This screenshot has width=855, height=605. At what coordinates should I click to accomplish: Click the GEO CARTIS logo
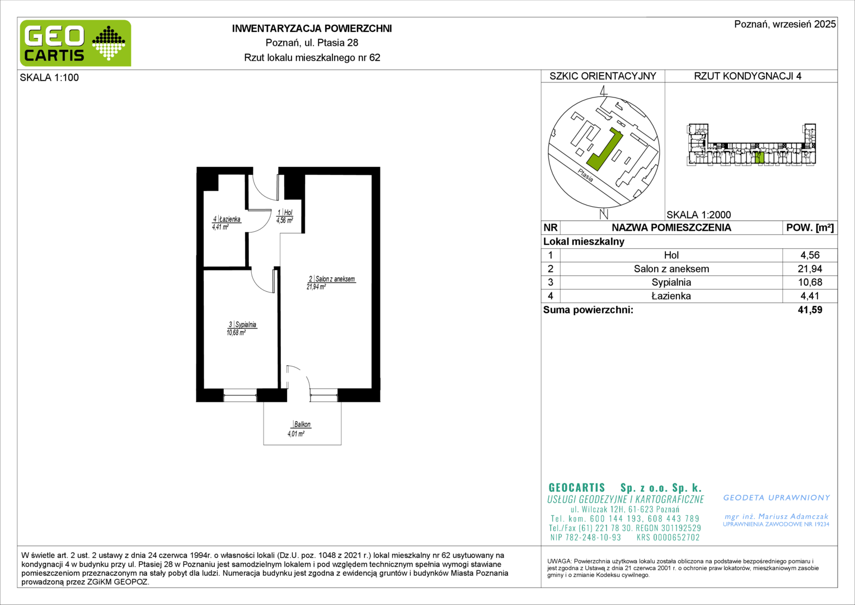click(76, 43)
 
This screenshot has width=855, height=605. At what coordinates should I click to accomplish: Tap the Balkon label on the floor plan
click(302, 424)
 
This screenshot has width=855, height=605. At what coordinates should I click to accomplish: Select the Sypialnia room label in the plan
click(246, 324)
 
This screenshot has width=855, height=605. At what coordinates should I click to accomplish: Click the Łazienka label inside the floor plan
click(230, 219)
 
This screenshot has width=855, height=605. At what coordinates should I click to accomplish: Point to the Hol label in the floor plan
click(288, 212)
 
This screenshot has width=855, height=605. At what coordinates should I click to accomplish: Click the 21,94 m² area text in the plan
click(316, 287)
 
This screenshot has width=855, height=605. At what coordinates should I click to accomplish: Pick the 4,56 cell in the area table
click(810, 255)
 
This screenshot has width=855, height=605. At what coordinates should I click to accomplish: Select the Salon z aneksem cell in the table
click(671, 269)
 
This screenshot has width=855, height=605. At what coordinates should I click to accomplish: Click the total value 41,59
click(810, 310)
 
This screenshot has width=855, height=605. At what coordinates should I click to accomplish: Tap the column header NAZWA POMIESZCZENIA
click(671, 227)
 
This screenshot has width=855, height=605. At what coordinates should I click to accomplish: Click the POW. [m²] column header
click(810, 227)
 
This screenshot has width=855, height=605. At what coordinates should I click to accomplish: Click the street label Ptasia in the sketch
click(585, 175)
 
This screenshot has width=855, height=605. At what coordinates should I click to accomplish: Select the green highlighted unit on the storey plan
click(759, 157)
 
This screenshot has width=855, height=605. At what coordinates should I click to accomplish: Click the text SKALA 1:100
click(49, 77)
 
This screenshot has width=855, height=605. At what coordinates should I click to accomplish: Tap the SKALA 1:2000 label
click(699, 215)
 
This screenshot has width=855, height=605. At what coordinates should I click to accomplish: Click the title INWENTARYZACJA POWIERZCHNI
click(312, 29)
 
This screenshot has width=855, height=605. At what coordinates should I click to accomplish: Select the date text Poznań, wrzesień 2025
click(784, 24)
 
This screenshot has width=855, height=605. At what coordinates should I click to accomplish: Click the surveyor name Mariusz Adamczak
click(793, 516)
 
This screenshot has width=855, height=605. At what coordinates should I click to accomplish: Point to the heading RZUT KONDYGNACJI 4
click(748, 76)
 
